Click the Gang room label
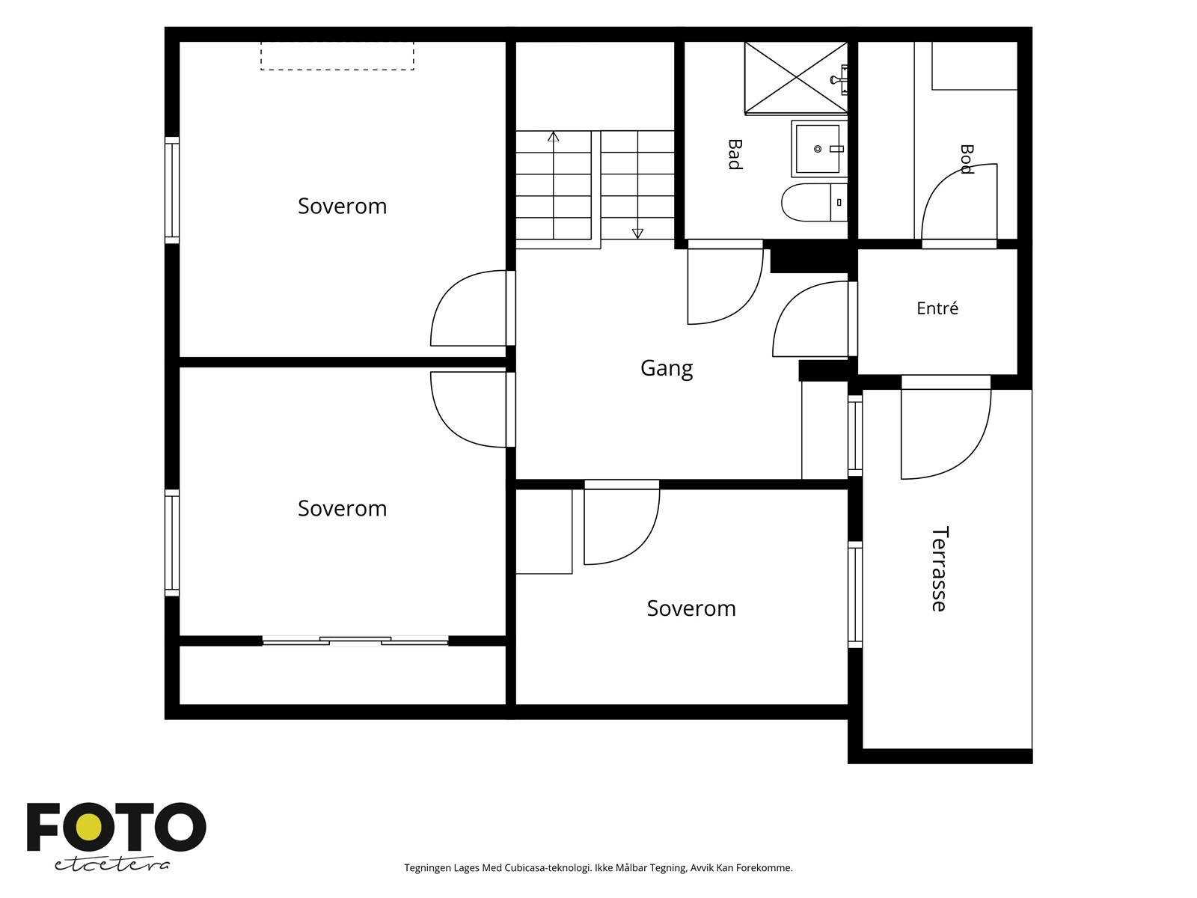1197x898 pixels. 667,369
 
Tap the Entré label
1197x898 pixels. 937,308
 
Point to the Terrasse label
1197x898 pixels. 939,569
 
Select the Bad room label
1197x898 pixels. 735,154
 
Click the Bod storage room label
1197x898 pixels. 967,159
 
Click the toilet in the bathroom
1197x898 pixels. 814,202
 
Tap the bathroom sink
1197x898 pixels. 819,149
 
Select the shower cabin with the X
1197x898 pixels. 796,79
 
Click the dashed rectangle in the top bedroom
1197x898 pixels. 337,56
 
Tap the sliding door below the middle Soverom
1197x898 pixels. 355,641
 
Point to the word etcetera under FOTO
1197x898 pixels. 111,865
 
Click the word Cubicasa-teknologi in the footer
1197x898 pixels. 548,867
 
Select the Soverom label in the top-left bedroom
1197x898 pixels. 342,206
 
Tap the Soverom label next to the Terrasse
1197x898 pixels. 691,608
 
